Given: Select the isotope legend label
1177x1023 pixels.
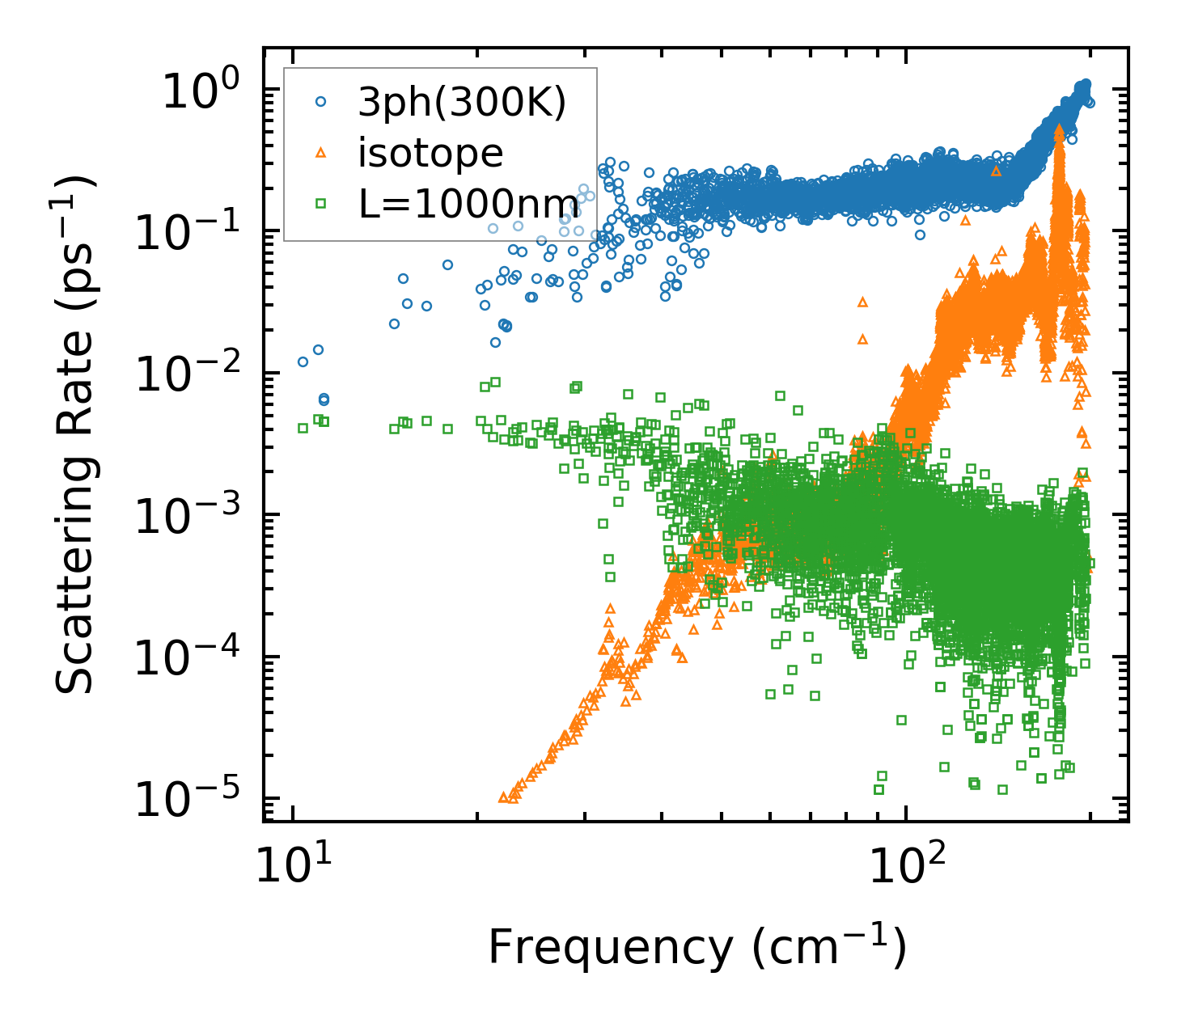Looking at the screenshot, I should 430,153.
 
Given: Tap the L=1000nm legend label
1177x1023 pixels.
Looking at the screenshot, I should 468,204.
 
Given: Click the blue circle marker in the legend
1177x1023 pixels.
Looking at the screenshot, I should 321,103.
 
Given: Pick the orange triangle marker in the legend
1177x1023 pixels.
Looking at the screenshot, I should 321,152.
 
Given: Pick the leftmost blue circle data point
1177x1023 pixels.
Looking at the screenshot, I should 303,361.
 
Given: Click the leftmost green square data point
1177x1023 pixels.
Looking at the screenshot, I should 303,428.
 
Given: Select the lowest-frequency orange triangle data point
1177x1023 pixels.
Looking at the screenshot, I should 503,797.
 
